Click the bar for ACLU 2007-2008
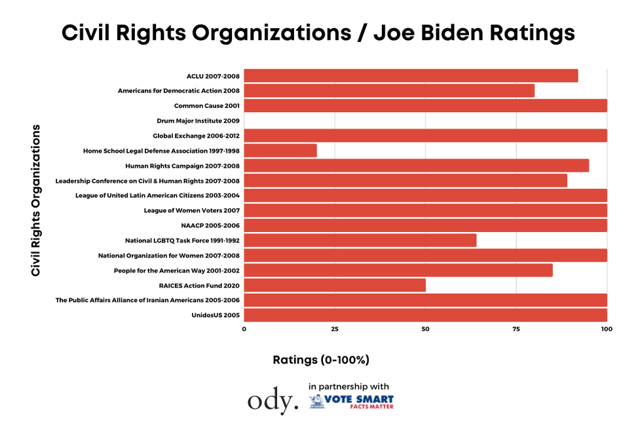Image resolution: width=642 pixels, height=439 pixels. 411,76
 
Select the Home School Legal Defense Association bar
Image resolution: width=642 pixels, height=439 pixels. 280,151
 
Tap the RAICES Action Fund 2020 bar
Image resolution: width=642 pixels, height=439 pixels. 335,286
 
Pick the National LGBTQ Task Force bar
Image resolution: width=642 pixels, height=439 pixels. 360,240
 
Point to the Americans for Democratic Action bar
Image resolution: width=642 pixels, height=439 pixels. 389,91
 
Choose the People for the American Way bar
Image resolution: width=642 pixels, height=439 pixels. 398,271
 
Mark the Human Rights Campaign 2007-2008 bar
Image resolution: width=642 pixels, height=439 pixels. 417,166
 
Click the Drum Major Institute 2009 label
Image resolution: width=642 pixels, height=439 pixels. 198,121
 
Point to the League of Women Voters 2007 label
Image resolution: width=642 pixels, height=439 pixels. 192,210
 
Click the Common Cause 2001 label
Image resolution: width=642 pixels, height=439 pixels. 207,105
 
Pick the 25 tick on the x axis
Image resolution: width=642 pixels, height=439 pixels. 335,329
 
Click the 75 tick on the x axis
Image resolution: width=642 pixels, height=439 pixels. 516,329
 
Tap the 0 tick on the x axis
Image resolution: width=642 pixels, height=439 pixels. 244,329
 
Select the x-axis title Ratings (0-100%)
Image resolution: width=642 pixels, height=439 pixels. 321,360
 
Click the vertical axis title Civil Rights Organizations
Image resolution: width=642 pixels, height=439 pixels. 36,200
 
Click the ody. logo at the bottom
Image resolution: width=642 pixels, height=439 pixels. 273,401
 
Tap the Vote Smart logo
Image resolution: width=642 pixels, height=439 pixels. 352,401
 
